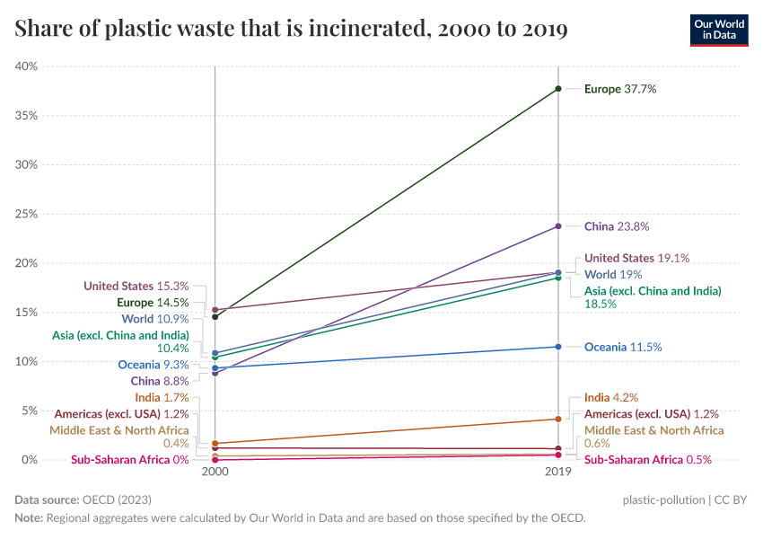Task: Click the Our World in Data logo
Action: [x=718, y=30]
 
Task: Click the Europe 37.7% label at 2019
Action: [x=620, y=89]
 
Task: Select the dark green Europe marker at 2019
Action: [x=558, y=89]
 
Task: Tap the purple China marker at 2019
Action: [x=558, y=226]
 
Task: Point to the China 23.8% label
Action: [x=616, y=226]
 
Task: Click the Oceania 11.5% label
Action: [x=623, y=347]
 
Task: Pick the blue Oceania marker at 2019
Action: [x=558, y=347]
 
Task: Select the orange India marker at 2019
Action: [x=558, y=419]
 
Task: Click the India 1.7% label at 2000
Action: [x=162, y=397]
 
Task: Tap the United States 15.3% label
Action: [x=136, y=286]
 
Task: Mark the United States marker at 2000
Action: [x=215, y=309]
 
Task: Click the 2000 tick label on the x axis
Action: [x=215, y=472]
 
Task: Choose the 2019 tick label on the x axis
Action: [x=558, y=472]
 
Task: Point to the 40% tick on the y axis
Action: [x=26, y=66]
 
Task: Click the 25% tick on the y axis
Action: [x=26, y=214]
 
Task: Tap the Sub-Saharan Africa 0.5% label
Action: [x=647, y=460]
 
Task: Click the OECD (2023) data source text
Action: [x=117, y=499]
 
